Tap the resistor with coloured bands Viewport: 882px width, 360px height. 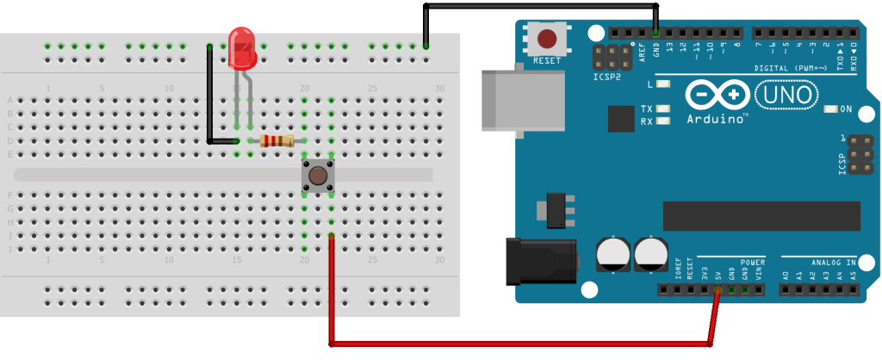(276, 141)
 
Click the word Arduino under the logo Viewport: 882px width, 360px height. (717, 119)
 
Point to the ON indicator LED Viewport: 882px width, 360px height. (830, 109)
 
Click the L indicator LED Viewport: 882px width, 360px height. (662, 84)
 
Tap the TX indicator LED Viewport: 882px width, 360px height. (662, 109)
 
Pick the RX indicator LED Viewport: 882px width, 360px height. (662, 121)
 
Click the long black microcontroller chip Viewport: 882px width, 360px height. (761, 216)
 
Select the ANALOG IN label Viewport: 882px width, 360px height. (832, 262)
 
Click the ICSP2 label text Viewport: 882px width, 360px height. (607, 77)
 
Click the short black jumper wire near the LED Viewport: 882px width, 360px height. (210, 95)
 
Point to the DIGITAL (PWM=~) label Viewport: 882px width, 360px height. (794, 68)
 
